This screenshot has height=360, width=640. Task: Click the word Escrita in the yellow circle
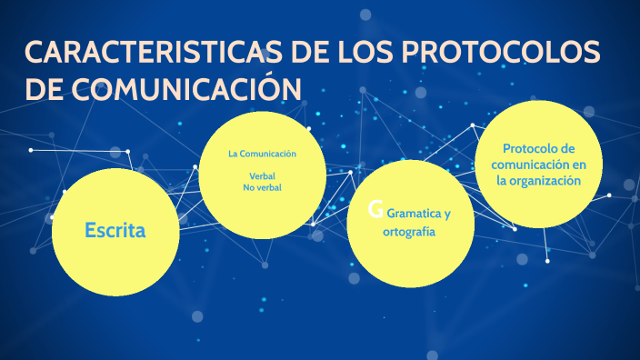click(x=115, y=230)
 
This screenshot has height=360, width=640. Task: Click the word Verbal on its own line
click(x=262, y=175)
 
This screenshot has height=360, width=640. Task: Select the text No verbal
click(x=262, y=187)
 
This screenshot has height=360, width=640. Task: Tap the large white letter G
click(x=375, y=211)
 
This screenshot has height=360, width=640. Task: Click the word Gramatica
click(x=413, y=215)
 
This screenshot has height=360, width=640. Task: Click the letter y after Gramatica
click(x=446, y=215)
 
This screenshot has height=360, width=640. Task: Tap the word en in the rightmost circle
click(x=580, y=165)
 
